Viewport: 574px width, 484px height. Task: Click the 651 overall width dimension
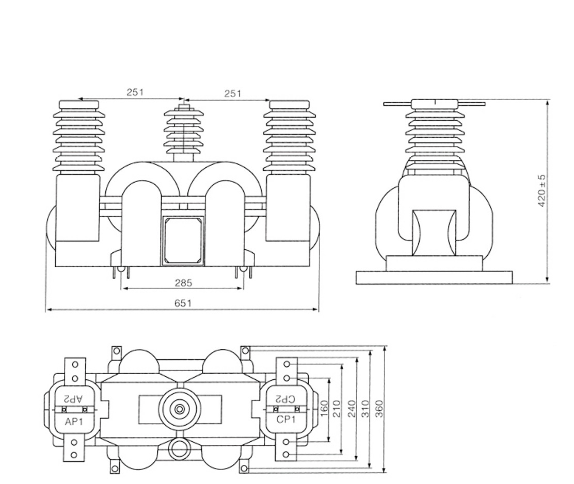pos(183,303)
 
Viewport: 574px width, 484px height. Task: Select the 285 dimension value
pos(183,283)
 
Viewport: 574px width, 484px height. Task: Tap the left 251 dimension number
pos(135,93)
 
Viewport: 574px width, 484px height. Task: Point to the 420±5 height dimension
pos(542,191)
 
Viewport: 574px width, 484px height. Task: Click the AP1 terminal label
pos(73,421)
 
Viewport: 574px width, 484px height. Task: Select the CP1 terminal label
pos(285,420)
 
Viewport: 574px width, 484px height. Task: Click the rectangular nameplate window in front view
pos(183,240)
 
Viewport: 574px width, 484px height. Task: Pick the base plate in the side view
pos(434,278)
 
